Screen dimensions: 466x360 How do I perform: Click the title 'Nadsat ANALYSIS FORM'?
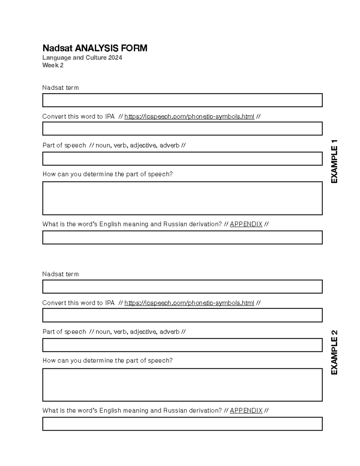tap(95, 48)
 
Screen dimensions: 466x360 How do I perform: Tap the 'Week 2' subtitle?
tap(53, 65)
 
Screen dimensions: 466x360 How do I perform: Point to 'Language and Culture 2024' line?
tap(82, 58)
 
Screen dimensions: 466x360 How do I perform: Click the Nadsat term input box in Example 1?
tap(182, 100)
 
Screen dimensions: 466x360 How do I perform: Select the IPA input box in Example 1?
tap(182, 129)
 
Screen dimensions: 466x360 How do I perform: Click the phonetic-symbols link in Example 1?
tap(189, 116)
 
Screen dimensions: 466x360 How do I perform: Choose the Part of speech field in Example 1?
tap(182, 159)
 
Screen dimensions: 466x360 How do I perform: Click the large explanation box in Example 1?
tap(182, 198)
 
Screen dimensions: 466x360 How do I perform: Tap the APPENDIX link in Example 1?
tap(246, 224)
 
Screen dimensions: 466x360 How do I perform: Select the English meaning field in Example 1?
tap(182, 238)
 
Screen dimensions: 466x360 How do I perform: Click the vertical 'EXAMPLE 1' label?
tap(334, 161)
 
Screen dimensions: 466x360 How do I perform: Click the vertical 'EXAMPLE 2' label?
tap(334, 352)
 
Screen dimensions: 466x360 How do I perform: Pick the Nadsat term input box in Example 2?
tap(182, 287)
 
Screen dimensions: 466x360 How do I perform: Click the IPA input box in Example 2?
tap(182, 315)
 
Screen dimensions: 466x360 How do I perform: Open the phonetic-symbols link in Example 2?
tap(189, 303)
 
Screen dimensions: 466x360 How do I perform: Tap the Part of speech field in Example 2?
tap(182, 345)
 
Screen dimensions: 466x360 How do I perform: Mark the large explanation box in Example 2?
tap(182, 385)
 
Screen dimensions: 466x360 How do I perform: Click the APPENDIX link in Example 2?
tap(246, 410)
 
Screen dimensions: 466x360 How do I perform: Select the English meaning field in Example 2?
tap(182, 424)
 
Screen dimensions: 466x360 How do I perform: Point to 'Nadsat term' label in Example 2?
tap(61, 274)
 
